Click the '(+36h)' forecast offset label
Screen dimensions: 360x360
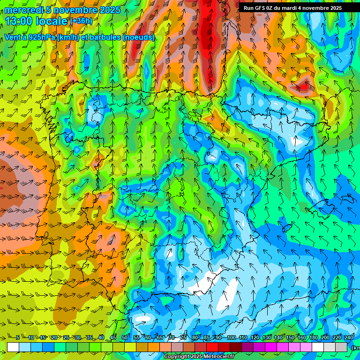coord(81,21)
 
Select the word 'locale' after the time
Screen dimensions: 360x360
coord(52,21)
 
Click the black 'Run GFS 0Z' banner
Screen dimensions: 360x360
coord(292,8)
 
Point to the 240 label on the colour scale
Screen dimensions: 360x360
coord(348,338)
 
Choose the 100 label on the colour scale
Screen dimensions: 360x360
coord(231,338)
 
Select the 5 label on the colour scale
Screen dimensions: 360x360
coord(18,338)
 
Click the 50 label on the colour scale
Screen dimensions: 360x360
coord(124,338)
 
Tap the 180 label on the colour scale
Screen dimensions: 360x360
coord(313,338)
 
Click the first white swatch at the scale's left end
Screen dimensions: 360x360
coord(13,347)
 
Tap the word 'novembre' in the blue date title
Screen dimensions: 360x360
coord(71,10)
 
